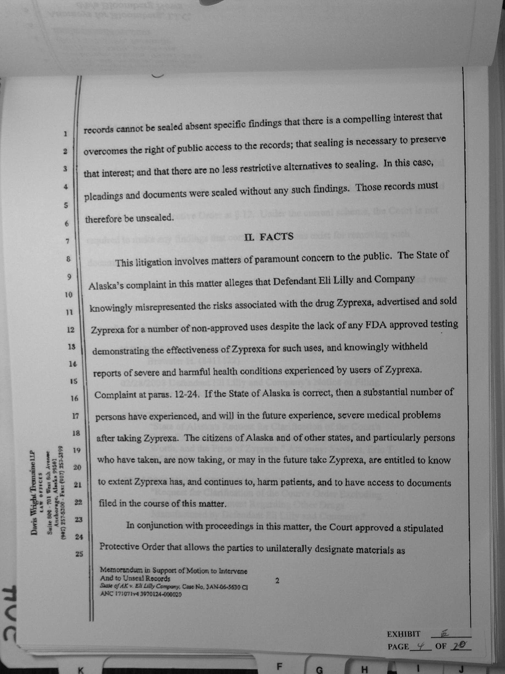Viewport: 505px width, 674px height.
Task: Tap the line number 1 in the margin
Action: click(x=66, y=134)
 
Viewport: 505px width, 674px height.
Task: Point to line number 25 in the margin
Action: click(x=79, y=554)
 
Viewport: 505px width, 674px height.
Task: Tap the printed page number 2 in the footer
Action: click(x=277, y=581)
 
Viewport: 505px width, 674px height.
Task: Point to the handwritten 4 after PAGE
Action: click(x=420, y=646)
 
